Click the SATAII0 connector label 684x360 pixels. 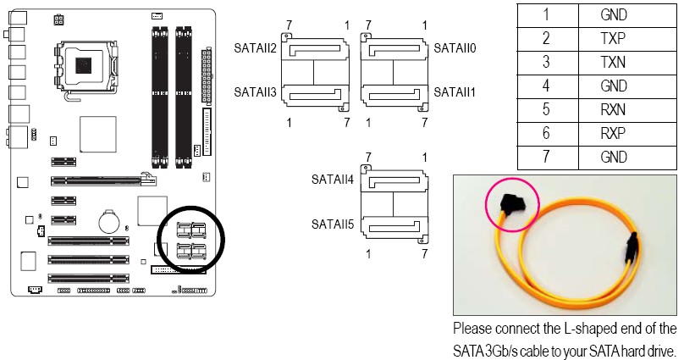point(455,48)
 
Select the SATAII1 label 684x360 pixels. point(455,91)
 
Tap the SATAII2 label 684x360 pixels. point(256,48)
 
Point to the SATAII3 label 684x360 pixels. point(256,91)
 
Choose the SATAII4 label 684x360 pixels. point(333,180)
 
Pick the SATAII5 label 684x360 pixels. point(333,224)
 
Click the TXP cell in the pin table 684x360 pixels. point(613,38)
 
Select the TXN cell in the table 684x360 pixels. point(613,62)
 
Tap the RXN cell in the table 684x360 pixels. point(613,109)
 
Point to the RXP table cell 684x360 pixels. point(613,133)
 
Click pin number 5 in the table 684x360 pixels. point(546,109)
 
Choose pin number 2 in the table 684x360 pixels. point(546,38)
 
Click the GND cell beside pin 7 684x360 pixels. point(613,157)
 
